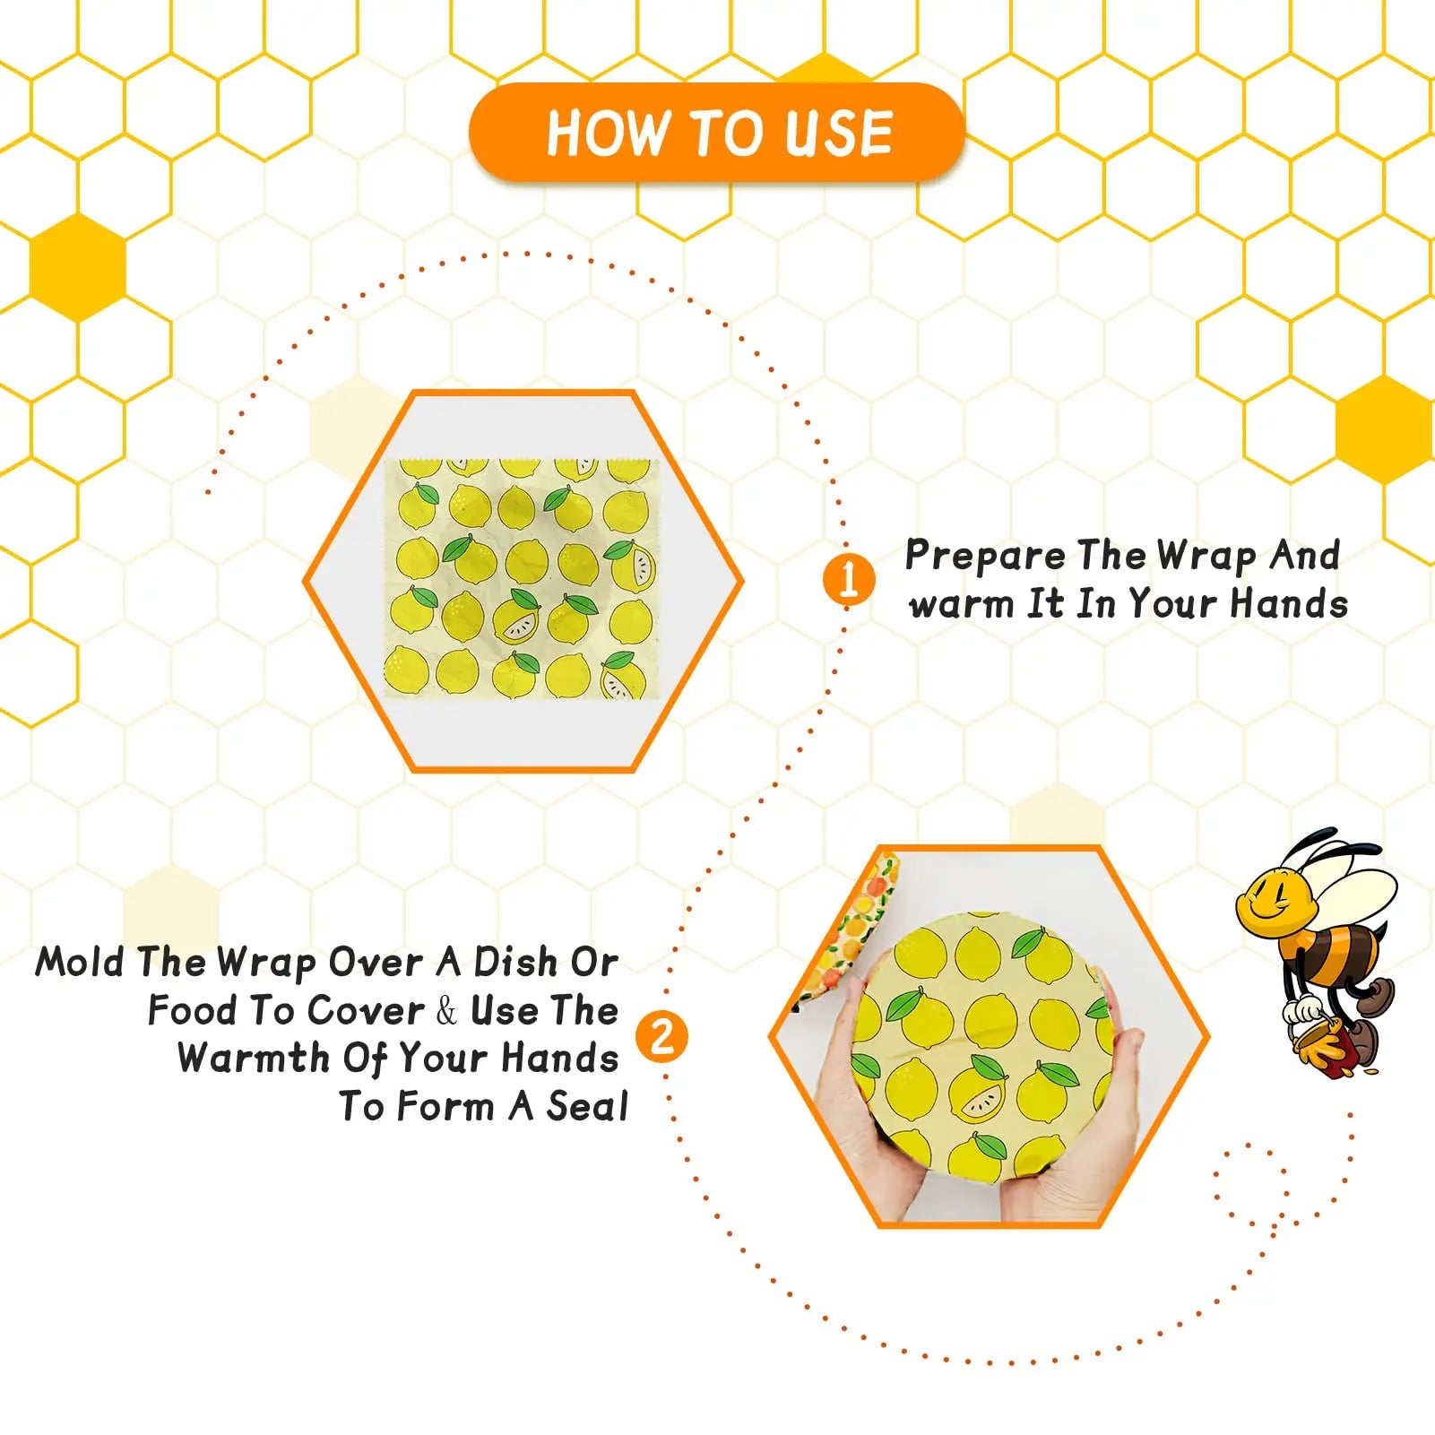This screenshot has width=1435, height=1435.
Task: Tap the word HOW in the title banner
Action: tap(608, 134)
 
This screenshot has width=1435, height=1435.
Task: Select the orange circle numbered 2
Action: tap(661, 1037)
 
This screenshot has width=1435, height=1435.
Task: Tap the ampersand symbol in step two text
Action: tap(446, 1011)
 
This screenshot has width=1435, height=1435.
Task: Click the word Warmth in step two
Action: tap(254, 1059)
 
